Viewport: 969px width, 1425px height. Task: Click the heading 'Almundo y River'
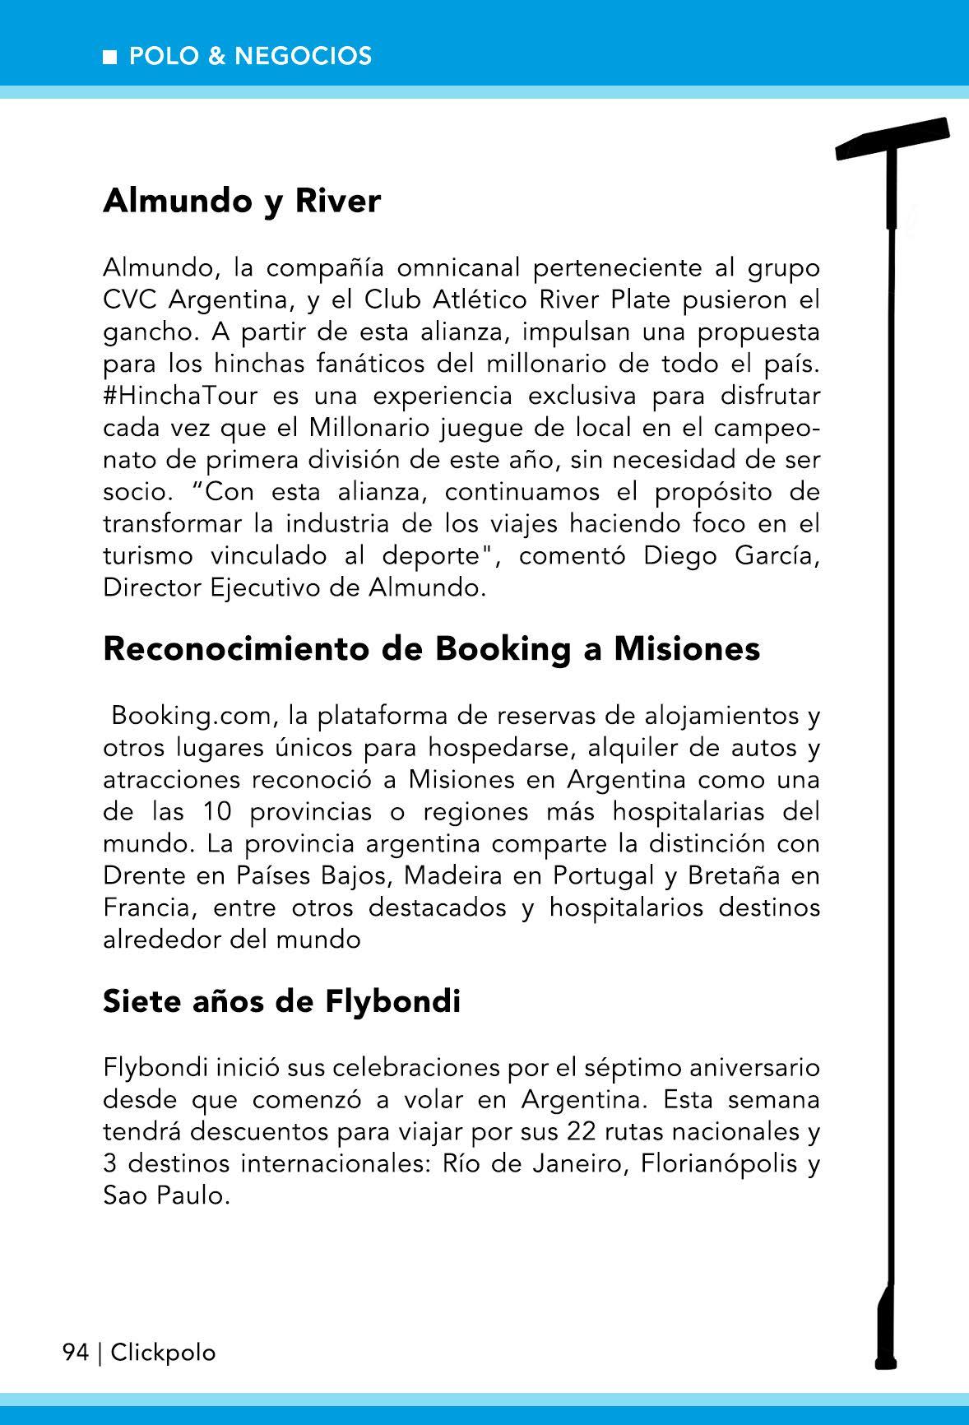(x=242, y=202)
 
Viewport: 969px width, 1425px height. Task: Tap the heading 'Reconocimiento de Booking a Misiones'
(x=431, y=649)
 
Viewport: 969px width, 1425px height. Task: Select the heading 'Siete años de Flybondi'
(x=281, y=1002)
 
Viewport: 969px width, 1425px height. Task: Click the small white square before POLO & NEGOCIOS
(x=110, y=58)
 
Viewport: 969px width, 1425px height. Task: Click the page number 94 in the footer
(x=75, y=1353)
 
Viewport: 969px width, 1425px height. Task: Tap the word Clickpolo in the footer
(x=163, y=1353)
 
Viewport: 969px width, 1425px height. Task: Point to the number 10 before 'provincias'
(x=216, y=811)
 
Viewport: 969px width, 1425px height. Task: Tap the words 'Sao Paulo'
(x=165, y=1195)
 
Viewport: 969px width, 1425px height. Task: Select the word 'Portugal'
(x=604, y=875)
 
